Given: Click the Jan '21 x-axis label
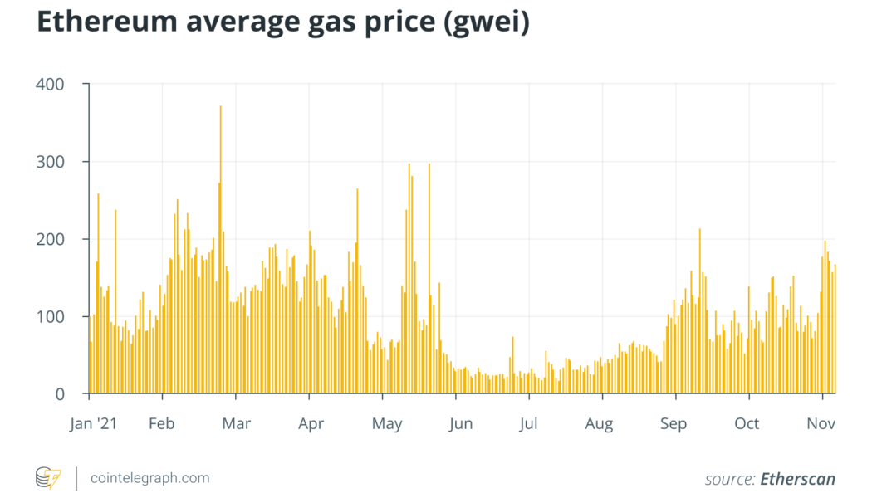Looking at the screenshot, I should (x=94, y=424).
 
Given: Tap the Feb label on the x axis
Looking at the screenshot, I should (x=161, y=424).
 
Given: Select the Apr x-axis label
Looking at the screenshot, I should (x=310, y=424).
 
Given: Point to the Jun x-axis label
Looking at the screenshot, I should (x=460, y=424).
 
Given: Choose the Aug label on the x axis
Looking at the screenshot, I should (x=599, y=424).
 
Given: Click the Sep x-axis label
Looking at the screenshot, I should (x=674, y=424).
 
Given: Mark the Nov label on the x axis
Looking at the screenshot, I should (x=821, y=424).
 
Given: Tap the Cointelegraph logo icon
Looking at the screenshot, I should (x=47, y=478).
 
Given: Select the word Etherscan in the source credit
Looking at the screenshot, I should (x=797, y=479).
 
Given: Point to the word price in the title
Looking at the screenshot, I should (x=390, y=25).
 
